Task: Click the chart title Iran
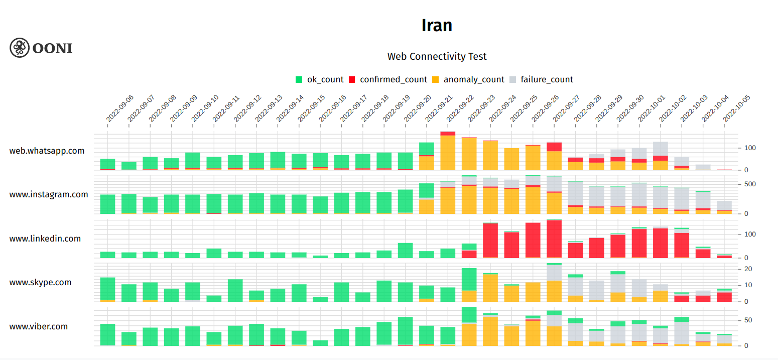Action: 437,25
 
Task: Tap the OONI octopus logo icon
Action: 20,48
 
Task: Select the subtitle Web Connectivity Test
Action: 437,56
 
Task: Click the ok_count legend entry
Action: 320,79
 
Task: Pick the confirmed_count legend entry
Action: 387,79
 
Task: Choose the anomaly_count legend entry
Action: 468,79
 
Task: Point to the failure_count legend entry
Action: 541,79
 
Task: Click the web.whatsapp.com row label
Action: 47,151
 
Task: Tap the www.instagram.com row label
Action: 49,194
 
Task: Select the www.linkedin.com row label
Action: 45,238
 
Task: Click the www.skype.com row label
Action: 40,282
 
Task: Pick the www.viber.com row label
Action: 38,326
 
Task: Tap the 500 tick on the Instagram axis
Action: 749,184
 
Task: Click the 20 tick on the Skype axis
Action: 747,269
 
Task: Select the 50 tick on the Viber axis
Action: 747,320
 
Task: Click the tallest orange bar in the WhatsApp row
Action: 448,153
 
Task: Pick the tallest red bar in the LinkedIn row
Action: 554,239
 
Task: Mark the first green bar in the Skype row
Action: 108,288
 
